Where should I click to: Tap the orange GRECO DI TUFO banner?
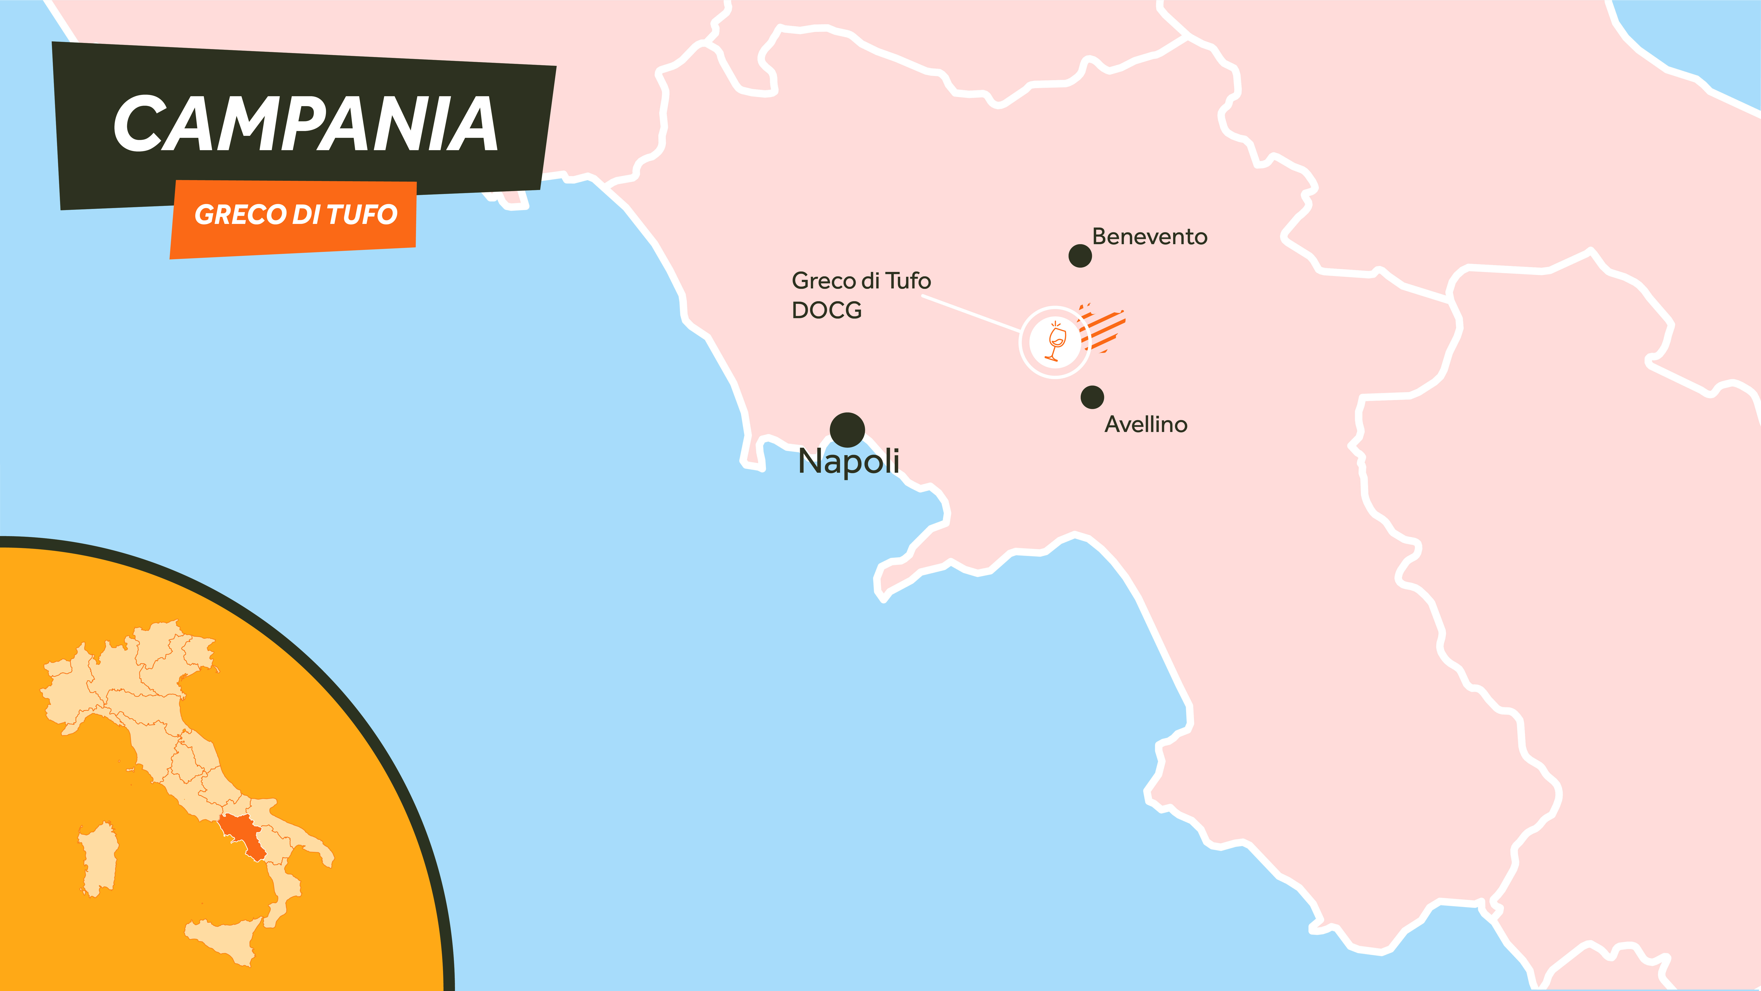294,218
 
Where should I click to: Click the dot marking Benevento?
1080,256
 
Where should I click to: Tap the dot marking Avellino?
1092,397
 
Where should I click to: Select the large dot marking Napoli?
847,430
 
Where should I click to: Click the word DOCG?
826,310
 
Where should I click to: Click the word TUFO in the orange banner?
362,215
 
